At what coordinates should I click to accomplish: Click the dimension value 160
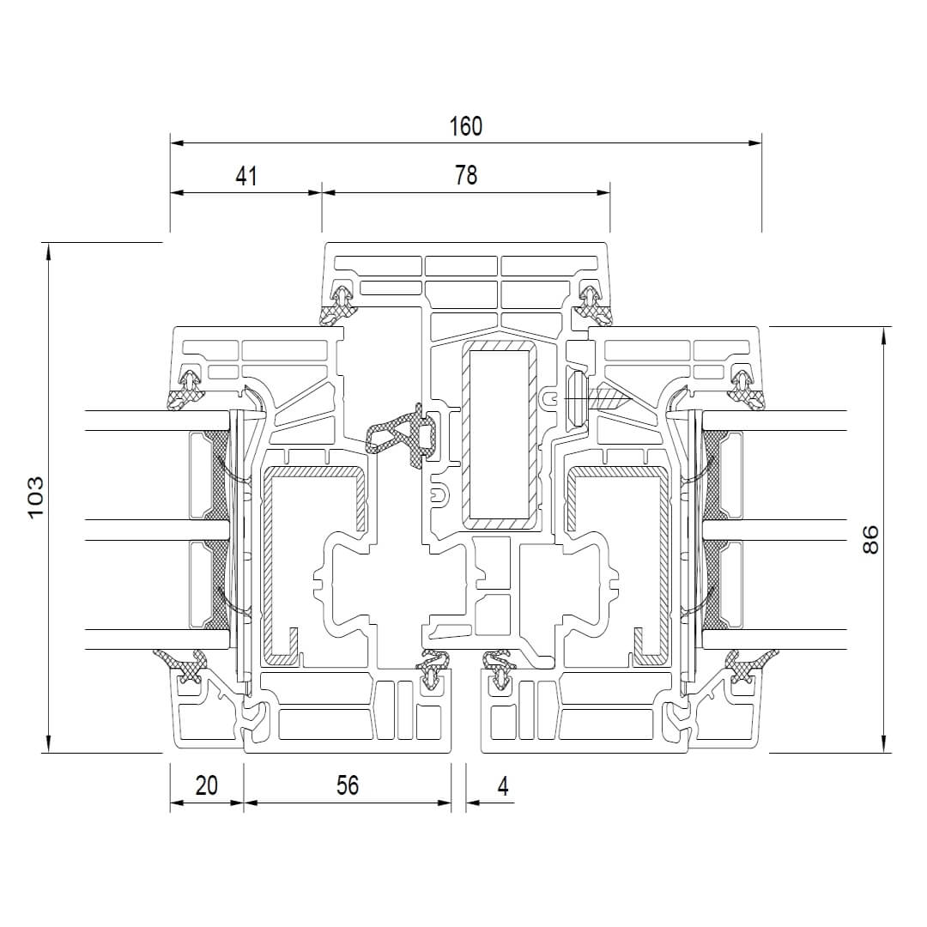click(x=466, y=126)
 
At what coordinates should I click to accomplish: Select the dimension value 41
click(x=246, y=176)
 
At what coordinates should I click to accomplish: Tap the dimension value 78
click(x=466, y=176)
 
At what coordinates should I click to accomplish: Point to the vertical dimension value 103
click(x=35, y=496)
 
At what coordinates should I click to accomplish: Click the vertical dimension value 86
click(x=870, y=539)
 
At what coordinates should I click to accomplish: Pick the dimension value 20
click(x=206, y=785)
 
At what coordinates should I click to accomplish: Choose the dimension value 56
click(x=348, y=785)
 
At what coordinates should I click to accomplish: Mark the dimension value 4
click(x=503, y=786)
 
